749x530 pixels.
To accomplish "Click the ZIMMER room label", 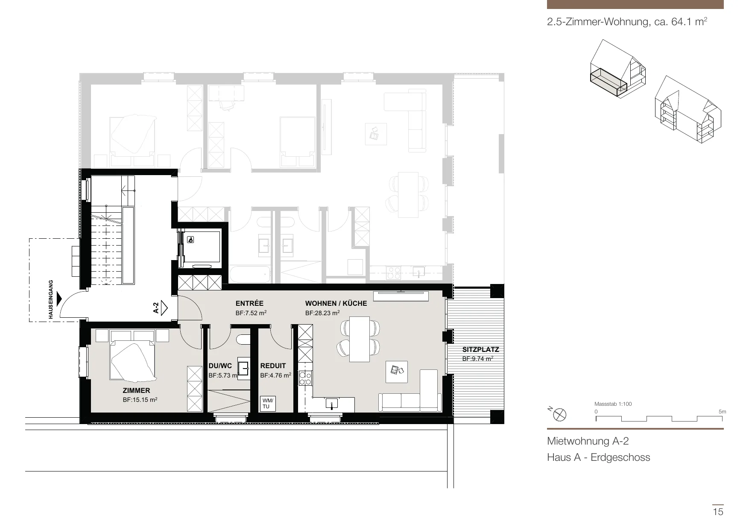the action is tap(136, 390).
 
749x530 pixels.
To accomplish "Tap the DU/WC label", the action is tap(220, 366).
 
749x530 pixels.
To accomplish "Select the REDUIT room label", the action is tap(273, 366).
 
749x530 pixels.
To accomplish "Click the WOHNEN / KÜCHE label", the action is tap(336, 304).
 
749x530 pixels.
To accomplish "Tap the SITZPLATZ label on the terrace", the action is tap(480, 350).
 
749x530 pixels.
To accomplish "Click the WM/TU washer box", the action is tap(268, 404).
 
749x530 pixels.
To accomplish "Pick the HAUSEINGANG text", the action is tap(51, 300).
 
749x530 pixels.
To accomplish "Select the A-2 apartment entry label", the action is tap(156, 308).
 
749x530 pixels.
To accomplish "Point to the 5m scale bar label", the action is tap(722, 412).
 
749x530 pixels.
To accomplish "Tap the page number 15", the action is tap(718, 511).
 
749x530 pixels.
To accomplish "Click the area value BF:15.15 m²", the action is tap(140, 400).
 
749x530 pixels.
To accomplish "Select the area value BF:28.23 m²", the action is tap(322, 313).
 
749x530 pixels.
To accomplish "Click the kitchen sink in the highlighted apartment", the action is tap(331, 403).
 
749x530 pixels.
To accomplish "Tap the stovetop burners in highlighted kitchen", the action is tap(305, 378).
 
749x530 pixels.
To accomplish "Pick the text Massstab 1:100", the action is tap(613, 404).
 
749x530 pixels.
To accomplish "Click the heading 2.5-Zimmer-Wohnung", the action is tap(599, 22).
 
